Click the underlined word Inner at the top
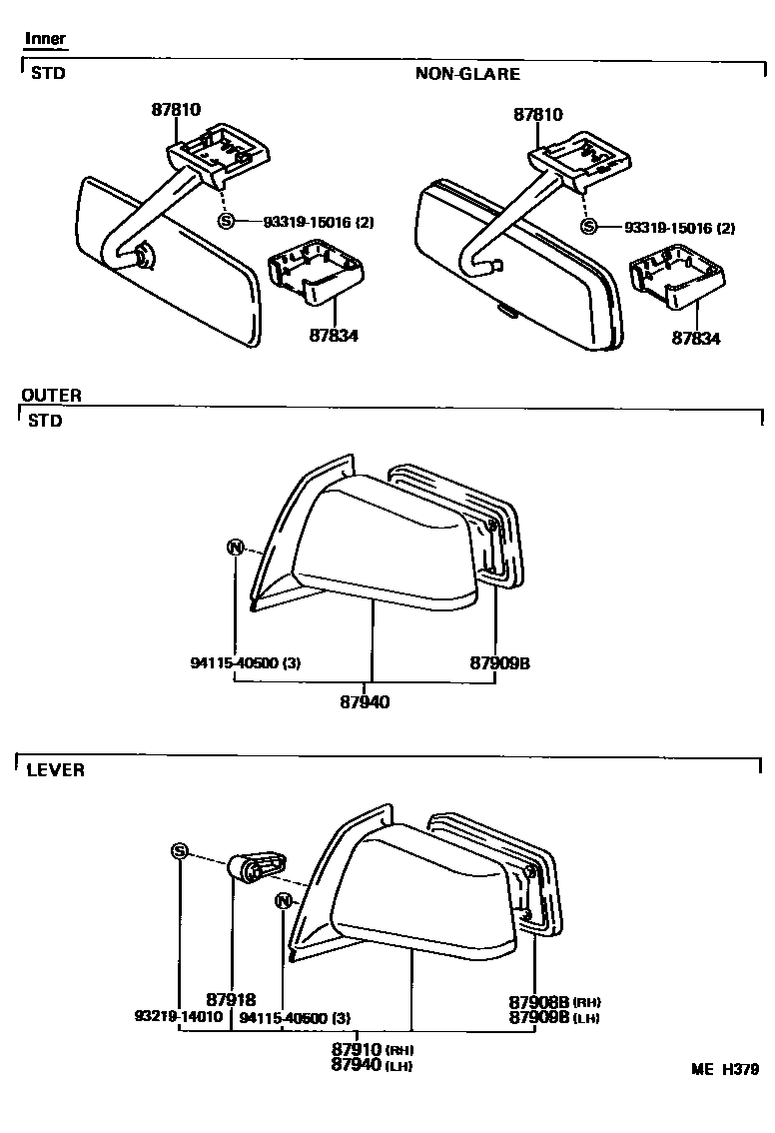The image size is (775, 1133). (45, 40)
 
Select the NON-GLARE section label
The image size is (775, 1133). (467, 74)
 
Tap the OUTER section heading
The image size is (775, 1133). (51, 396)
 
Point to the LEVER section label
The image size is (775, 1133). (55, 770)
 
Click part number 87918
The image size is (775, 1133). (232, 999)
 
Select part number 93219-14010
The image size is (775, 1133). (178, 1017)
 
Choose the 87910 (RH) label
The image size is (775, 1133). (373, 1050)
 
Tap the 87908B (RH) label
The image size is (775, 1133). (554, 1002)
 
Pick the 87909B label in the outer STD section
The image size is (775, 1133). (499, 662)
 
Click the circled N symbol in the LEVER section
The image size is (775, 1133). (284, 900)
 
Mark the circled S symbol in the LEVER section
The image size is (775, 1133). (180, 851)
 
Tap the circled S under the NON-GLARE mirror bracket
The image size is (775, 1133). (589, 227)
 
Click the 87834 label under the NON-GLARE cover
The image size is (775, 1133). (695, 338)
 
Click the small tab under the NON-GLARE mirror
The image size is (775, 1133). (508, 311)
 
